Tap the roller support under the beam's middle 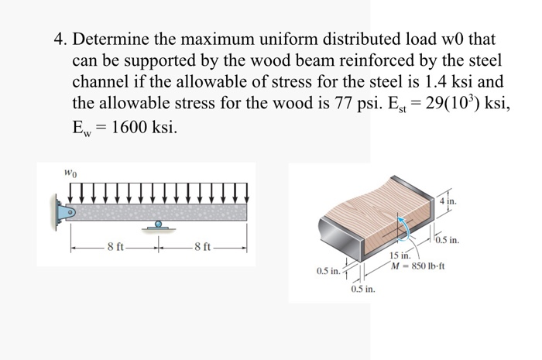pos(156,225)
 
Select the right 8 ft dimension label pos(203,248)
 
